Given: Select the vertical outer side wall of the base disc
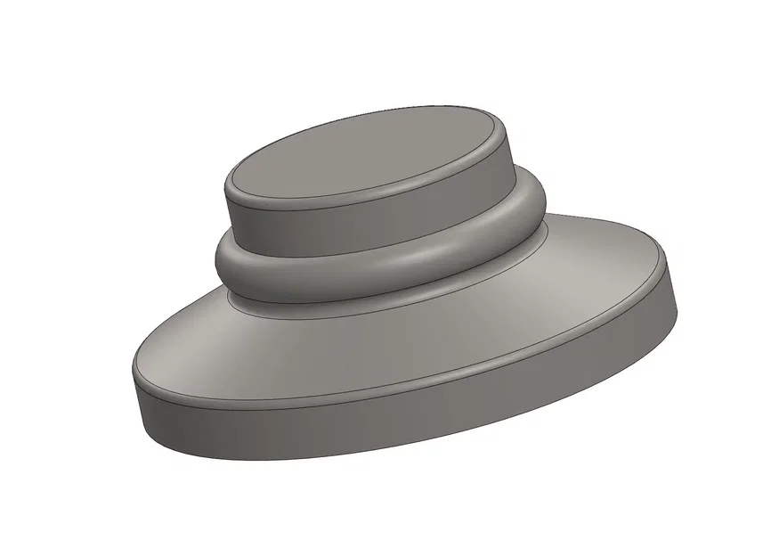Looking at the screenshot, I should click(x=401, y=428).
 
